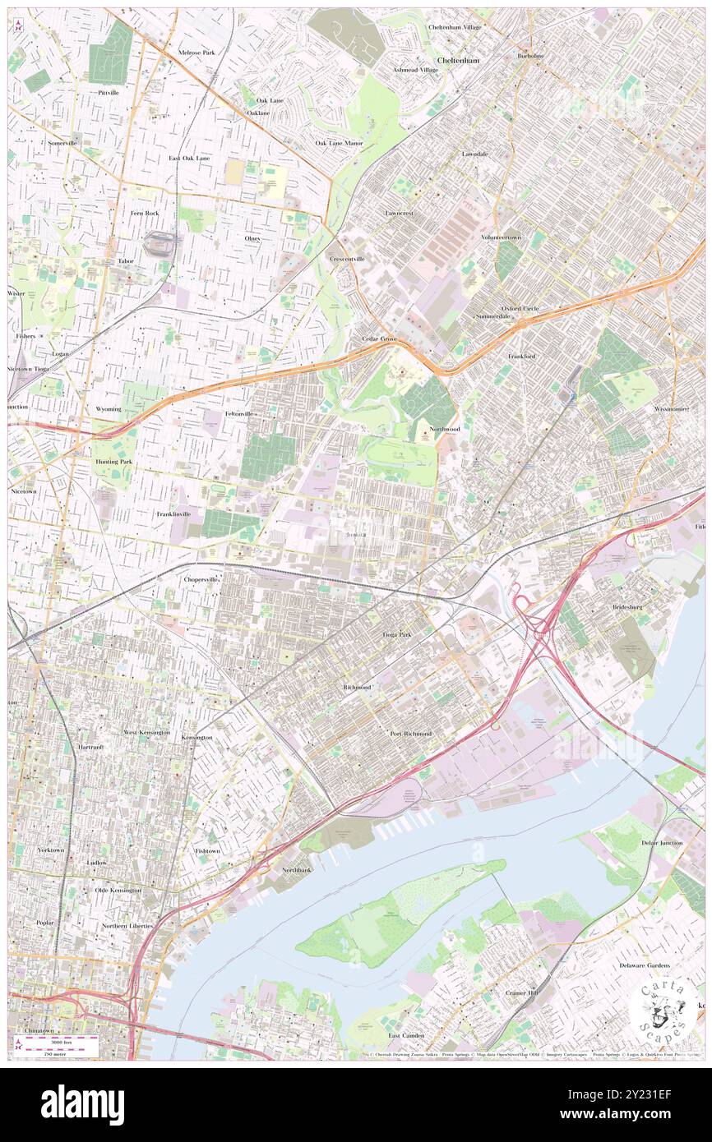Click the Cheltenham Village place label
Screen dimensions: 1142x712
[455, 27]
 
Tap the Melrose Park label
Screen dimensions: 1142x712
[196, 53]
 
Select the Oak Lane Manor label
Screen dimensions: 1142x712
[340, 143]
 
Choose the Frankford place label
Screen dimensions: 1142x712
[521, 357]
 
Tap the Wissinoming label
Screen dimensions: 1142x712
[673, 408]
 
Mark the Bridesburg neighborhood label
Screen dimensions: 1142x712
[630, 607]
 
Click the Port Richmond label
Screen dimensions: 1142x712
[410, 733]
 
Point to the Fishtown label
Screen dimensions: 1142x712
[207, 851]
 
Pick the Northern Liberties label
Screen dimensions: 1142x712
[127, 926]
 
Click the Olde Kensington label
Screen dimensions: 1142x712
[118, 890]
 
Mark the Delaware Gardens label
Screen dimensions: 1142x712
[645, 965]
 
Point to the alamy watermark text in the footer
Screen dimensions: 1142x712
[82, 1105]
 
